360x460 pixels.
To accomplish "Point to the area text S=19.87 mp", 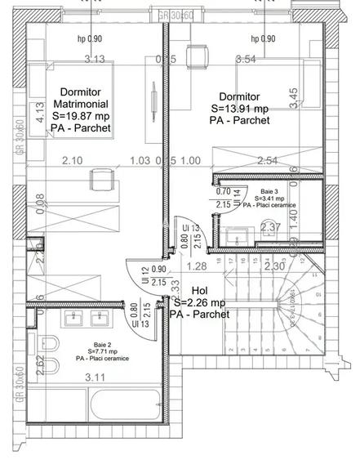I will (81, 116).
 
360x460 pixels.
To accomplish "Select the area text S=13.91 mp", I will (239, 108).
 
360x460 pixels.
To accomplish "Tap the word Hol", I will (199, 291).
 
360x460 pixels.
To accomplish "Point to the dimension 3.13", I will (96, 58).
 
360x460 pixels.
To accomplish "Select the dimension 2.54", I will (266, 160).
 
